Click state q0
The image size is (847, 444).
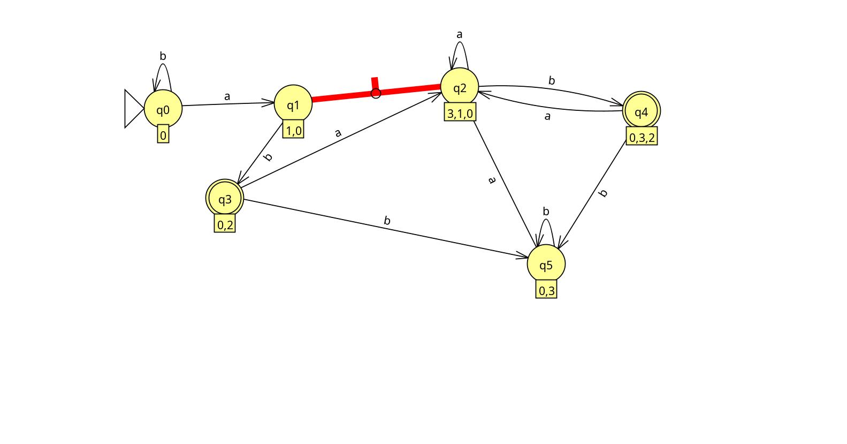[163, 109]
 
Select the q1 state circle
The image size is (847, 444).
[293, 104]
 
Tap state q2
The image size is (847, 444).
[460, 87]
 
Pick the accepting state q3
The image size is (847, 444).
[225, 199]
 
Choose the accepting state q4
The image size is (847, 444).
[642, 111]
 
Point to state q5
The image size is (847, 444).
[546, 265]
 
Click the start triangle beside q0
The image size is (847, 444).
[133, 109]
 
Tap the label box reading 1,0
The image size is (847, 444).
[293, 131]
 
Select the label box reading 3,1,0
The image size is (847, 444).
[460, 113]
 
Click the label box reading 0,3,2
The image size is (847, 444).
[642, 138]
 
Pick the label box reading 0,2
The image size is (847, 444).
[225, 224]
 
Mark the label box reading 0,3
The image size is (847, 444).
[546, 290]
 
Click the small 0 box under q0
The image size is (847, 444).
[163, 136]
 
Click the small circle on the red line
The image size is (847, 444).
[376, 94]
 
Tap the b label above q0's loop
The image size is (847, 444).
[163, 56]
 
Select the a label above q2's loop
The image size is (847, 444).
[459, 35]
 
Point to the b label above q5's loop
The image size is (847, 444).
[546, 212]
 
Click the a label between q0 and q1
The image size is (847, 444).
[227, 96]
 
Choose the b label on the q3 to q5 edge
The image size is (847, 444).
[387, 221]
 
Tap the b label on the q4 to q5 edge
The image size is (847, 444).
[604, 193]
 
